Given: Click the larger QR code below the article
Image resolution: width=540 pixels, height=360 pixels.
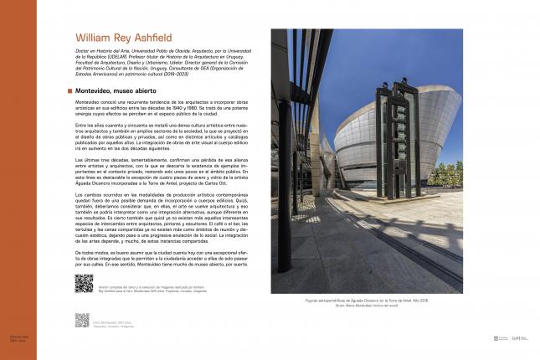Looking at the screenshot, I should point(84,283).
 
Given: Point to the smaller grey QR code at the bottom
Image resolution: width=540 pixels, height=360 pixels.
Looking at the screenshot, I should point(81,320).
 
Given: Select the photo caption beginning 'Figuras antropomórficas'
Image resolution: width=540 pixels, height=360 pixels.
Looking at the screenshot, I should point(367,299).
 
